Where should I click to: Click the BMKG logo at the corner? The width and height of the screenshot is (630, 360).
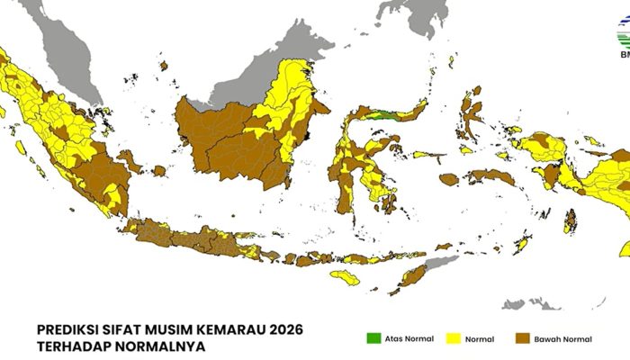(622, 40)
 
